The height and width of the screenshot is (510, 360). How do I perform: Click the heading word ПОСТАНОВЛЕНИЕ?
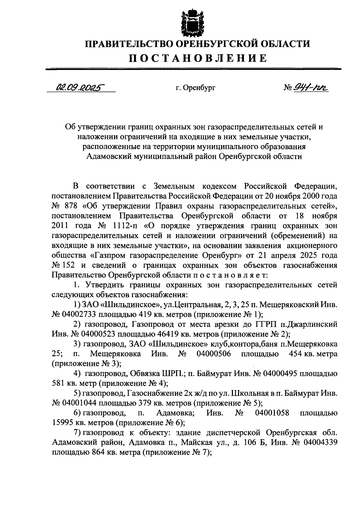point(198,58)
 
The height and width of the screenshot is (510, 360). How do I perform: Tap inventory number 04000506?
point(214,354)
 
